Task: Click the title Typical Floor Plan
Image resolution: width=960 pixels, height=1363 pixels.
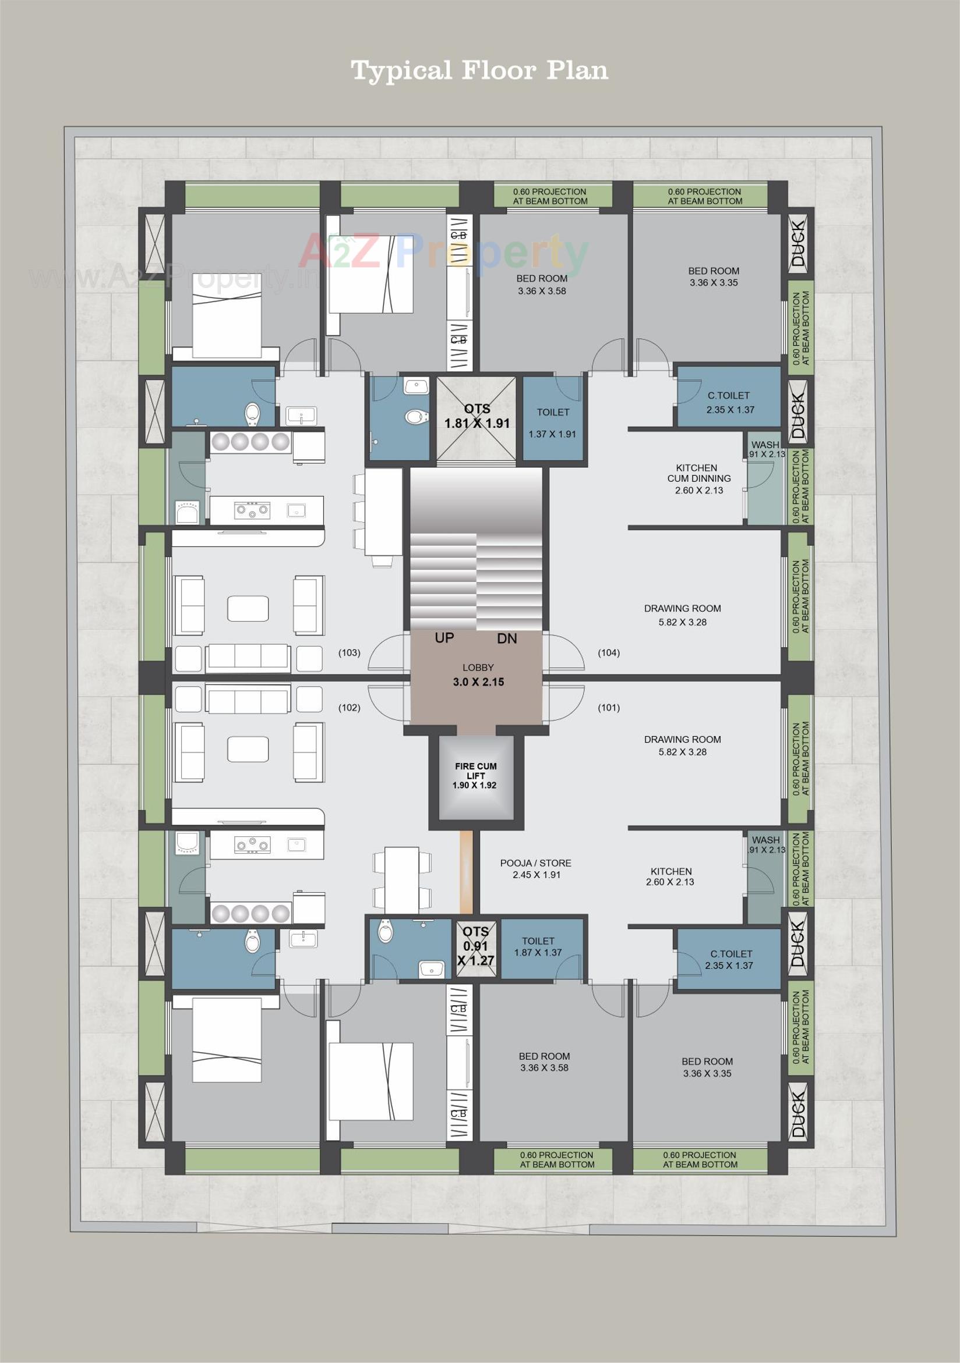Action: click(479, 70)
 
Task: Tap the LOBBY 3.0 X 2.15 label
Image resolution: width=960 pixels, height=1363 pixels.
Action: click(478, 676)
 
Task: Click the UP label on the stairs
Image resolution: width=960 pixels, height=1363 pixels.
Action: click(444, 638)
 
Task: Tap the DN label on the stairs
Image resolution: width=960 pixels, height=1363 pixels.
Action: click(507, 639)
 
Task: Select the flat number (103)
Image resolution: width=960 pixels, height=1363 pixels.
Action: click(350, 653)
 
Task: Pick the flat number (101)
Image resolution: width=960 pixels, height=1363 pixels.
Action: click(609, 708)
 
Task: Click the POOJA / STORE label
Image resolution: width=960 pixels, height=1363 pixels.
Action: click(535, 869)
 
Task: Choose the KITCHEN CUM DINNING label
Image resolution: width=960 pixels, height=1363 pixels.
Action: click(698, 478)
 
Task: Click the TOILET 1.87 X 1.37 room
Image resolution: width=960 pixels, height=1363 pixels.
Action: click(538, 946)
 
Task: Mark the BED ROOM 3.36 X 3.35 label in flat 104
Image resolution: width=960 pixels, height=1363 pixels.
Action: click(714, 276)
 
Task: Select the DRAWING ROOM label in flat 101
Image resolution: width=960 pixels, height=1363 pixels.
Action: click(682, 746)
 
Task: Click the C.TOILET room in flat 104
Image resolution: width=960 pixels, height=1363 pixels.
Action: click(728, 402)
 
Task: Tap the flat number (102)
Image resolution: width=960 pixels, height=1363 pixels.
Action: click(350, 708)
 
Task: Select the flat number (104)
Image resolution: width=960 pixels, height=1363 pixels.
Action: click(609, 653)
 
